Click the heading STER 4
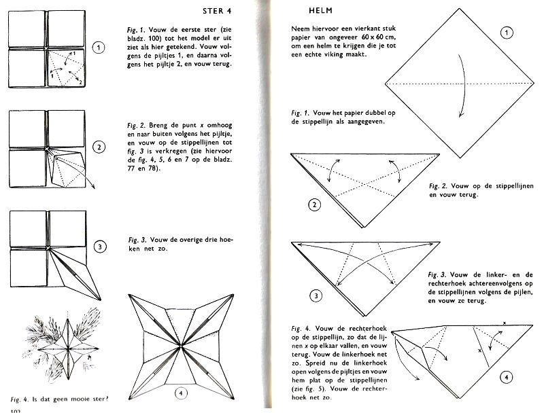pyautogui.click(x=217, y=11)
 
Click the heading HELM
pyautogui.click(x=320, y=11)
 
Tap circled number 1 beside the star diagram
pyautogui.click(x=99, y=48)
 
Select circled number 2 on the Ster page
pyautogui.click(x=99, y=147)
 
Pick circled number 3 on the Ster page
pyautogui.click(x=100, y=247)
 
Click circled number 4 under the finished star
pyautogui.click(x=181, y=393)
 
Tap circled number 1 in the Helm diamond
pyautogui.click(x=507, y=33)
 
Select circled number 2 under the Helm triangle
pyautogui.click(x=314, y=204)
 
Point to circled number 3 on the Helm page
pyautogui.click(x=316, y=296)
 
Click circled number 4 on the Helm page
pyautogui.click(x=507, y=377)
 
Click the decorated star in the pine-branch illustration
pyautogui.click(x=69, y=348)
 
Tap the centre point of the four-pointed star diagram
pyautogui.click(x=181, y=346)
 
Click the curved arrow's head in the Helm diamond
pyautogui.click(x=460, y=115)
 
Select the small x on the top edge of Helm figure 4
pyautogui.click(x=505, y=323)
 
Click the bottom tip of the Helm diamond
pyautogui.click(x=460, y=158)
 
